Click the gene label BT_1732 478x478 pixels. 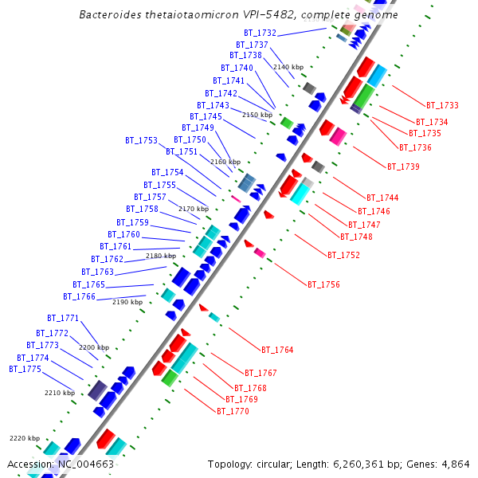(x=260, y=33)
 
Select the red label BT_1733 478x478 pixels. (x=442, y=105)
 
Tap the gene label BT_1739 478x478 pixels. (x=403, y=167)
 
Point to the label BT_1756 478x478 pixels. (x=323, y=284)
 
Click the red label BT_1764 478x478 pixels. (x=277, y=350)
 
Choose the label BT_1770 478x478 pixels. (x=233, y=411)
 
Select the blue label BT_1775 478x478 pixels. (x=25, y=369)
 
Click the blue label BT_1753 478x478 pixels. (x=141, y=140)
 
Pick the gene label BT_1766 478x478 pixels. (x=79, y=296)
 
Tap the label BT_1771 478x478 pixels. (x=63, y=318)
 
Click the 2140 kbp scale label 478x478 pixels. (x=288, y=67)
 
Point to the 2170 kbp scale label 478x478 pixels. (x=193, y=209)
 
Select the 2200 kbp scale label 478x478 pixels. (x=93, y=347)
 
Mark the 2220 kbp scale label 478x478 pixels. (x=24, y=438)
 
